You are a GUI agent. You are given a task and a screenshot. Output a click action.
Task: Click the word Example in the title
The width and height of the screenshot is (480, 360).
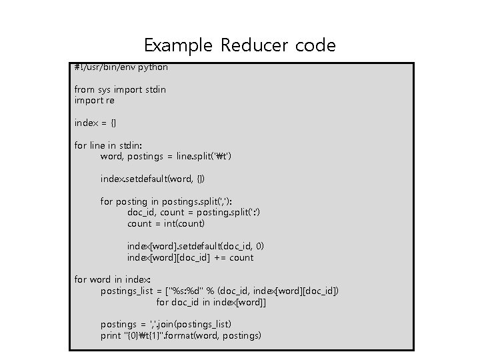point(177,46)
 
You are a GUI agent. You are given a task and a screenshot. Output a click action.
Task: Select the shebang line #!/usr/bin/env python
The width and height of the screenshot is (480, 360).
point(121,67)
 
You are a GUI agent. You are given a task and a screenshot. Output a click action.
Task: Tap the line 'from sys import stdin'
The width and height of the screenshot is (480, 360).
point(120,89)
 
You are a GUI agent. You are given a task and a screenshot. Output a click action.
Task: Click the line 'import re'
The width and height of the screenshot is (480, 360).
point(94,101)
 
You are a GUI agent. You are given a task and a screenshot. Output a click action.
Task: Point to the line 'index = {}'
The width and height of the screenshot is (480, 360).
point(99,123)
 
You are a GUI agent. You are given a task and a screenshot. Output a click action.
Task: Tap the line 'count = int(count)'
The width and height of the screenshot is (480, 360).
point(166,224)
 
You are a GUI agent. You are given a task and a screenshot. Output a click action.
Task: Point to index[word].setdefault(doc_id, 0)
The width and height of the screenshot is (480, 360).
point(196,246)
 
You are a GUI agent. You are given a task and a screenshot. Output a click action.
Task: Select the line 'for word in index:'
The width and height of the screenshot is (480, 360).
point(113,279)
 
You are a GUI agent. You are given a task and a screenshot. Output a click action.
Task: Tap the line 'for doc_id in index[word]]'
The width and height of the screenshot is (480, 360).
point(211,302)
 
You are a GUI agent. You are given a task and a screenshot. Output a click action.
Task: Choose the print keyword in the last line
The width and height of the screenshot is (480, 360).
point(110,335)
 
